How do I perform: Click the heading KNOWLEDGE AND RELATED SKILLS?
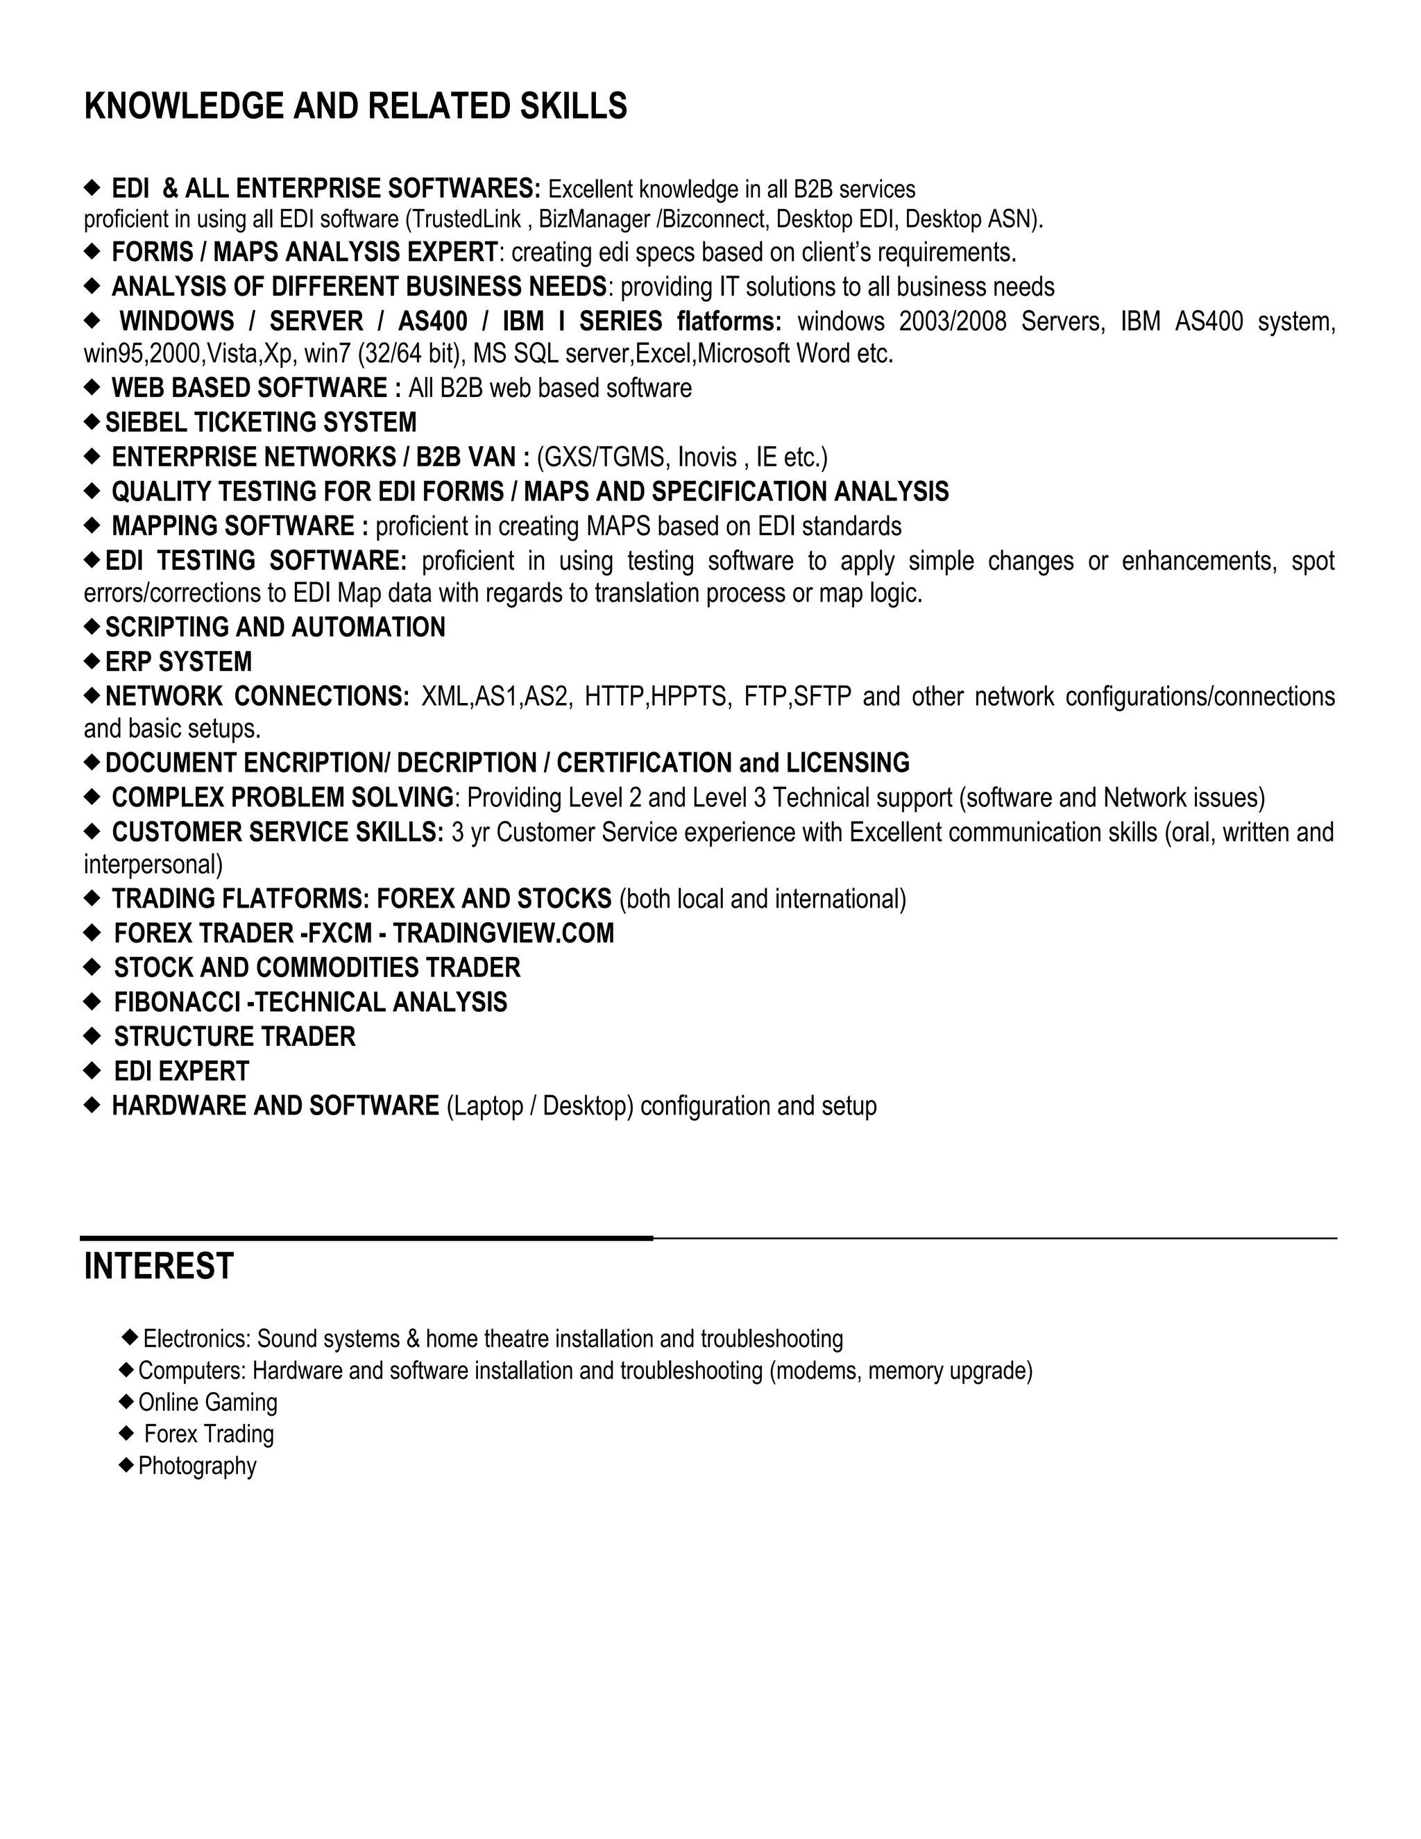[355, 107]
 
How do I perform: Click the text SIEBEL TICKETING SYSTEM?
[261, 422]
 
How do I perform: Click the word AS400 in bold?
[433, 322]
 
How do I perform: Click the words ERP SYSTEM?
[178, 662]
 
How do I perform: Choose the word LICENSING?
[848, 763]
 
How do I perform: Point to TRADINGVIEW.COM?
[504, 933]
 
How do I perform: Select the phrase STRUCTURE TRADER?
[235, 1037]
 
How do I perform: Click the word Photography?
[197, 1466]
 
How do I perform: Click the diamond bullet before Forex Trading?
[127, 1433]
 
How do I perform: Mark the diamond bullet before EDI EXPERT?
[92, 1071]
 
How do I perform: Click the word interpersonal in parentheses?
[151, 865]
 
